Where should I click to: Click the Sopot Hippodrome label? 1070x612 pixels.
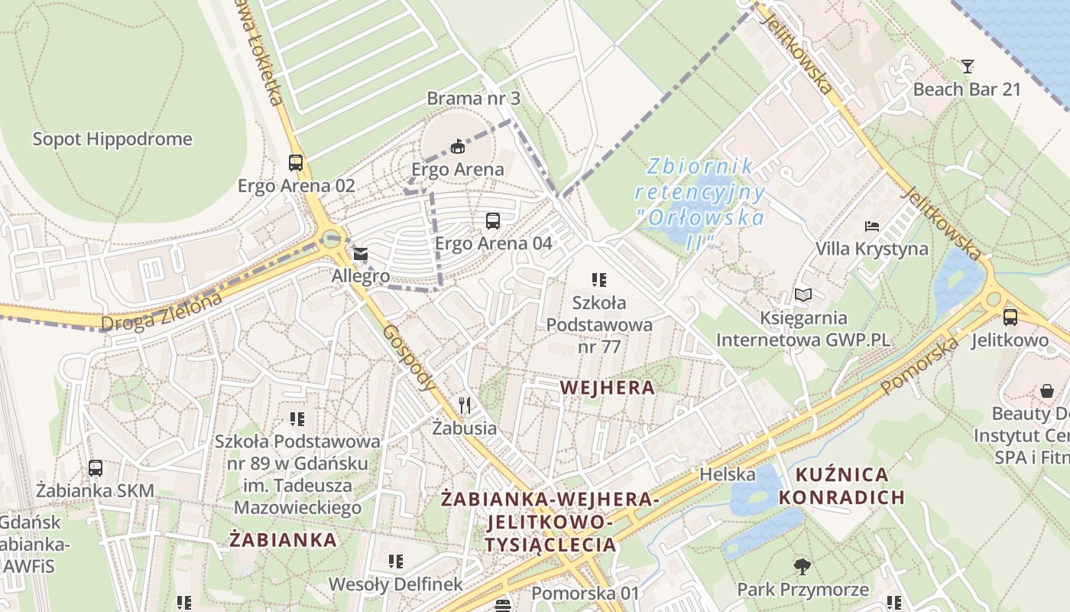[x=112, y=139]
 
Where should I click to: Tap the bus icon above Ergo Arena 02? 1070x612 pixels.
[x=296, y=162]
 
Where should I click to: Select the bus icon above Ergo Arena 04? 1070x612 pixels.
[x=493, y=221]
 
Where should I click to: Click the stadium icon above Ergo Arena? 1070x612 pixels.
[x=458, y=146]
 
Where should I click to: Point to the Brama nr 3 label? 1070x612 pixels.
[x=473, y=99]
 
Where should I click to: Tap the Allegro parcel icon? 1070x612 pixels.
[x=360, y=253]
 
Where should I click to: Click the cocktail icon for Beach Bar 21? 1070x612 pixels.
[x=968, y=67]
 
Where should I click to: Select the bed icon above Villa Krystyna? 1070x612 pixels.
[x=872, y=226]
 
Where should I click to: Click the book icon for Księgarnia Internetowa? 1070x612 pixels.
[x=802, y=295]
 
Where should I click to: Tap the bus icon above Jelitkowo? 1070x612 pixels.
[x=1010, y=317]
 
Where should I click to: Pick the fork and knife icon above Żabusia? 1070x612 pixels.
[x=465, y=405]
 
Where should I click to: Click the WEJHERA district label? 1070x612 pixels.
[x=607, y=388]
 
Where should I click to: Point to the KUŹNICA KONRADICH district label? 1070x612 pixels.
[x=841, y=486]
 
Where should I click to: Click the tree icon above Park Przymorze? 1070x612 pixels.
[x=802, y=566]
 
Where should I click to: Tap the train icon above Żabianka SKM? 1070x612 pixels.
[x=96, y=467]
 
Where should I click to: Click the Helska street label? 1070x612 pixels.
[x=728, y=474]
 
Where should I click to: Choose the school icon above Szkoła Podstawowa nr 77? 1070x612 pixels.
[x=599, y=280]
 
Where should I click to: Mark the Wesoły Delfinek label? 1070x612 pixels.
[x=395, y=584]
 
